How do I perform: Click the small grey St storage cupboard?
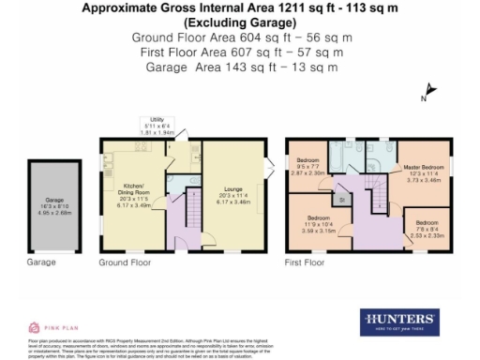point(344,199)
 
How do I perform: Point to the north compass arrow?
point(427,94)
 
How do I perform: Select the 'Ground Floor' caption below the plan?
point(127,263)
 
